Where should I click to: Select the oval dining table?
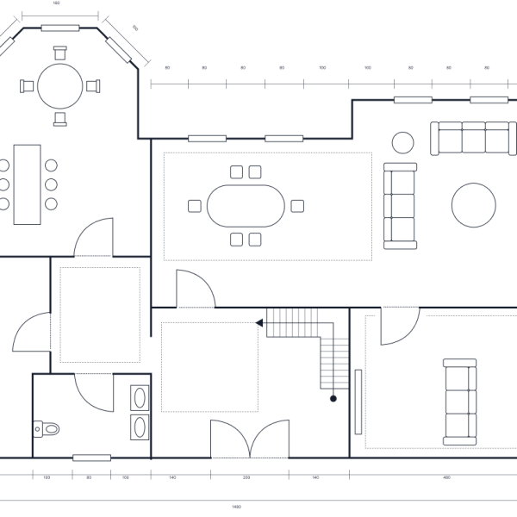tap(246, 205)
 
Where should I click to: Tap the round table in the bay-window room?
tap(60, 84)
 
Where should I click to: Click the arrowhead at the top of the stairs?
tap(258, 323)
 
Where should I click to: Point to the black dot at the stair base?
tap(333, 399)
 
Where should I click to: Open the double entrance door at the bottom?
tap(250, 439)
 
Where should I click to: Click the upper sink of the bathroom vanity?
tap(140, 398)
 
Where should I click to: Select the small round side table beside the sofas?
tap(402, 141)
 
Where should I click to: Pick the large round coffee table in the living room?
tap(473, 204)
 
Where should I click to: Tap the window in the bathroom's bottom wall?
tap(91, 458)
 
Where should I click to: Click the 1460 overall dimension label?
tap(237, 507)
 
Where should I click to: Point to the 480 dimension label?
tap(446, 477)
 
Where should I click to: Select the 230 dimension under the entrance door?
tap(246, 477)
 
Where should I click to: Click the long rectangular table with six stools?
tap(27, 184)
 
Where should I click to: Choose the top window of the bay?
tap(60, 28)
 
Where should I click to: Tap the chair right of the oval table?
tap(297, 205)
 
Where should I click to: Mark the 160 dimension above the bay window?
tap(56, 3)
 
